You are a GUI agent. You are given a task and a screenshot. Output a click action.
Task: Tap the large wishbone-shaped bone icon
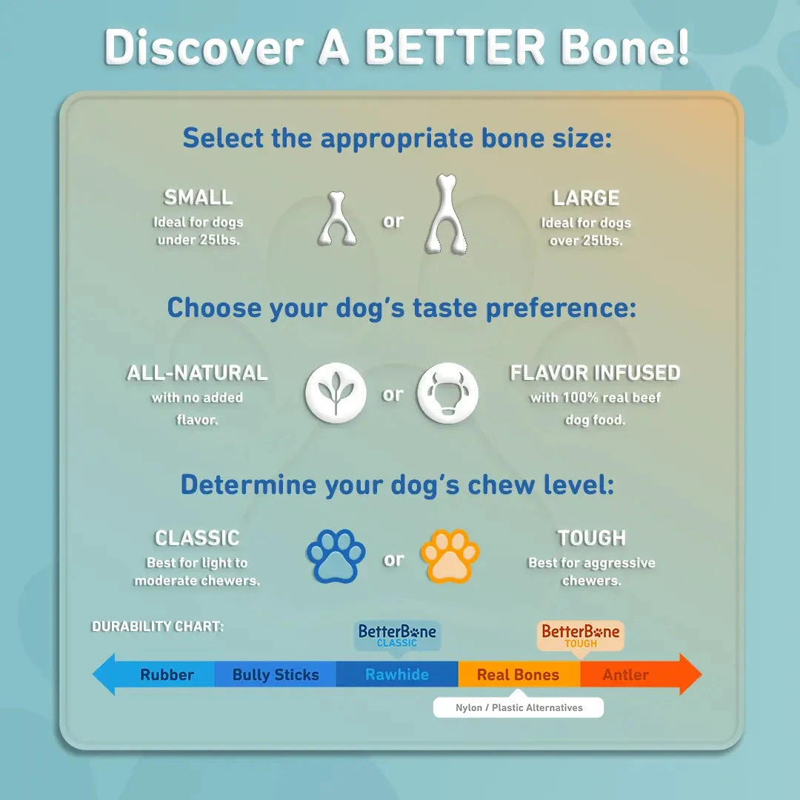click(450, 214)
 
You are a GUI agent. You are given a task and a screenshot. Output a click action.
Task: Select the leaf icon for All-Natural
click(336, 392)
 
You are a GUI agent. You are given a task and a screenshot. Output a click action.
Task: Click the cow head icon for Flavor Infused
click(447, 392)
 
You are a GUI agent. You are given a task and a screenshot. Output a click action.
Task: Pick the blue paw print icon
click(336, 556)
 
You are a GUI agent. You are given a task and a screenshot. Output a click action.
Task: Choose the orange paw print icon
click(450, 556)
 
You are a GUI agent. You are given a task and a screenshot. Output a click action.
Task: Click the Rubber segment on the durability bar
click(167, 675)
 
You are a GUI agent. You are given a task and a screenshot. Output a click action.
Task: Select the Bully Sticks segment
click(276, 675)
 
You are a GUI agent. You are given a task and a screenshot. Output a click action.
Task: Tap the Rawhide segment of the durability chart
click(397, 675)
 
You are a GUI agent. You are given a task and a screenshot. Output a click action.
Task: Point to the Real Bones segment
click(518, 675)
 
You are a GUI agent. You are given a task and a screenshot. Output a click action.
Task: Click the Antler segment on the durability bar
click(626, 675)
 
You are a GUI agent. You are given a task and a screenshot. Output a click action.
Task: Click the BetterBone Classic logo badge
click(397, 635)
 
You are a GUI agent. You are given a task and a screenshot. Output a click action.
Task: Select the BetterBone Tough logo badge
click(580, 635)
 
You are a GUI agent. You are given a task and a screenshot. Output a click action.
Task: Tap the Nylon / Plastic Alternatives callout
click(519, 707)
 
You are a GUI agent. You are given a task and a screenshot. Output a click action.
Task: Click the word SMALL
click(198, 198)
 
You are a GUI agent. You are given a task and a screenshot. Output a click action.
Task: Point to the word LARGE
click(586, 198)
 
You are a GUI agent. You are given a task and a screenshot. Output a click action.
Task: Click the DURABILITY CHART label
click(157, 627)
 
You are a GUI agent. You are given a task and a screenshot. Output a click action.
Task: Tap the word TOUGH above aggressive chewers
click(591, 538)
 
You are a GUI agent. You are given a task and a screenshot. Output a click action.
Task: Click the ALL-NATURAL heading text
click(197, 373)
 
